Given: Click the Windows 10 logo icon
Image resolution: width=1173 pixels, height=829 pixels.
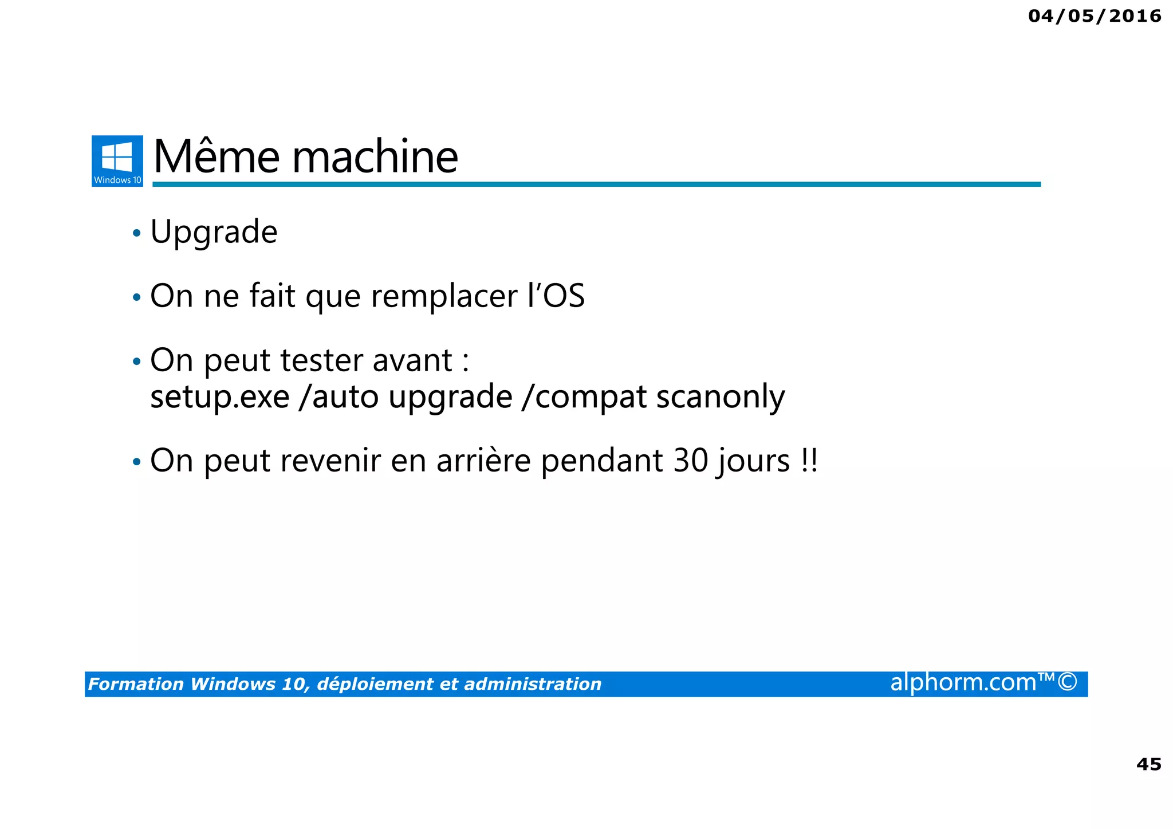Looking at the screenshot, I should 117,160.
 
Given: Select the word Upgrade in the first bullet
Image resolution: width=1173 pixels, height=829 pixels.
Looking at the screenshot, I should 214,233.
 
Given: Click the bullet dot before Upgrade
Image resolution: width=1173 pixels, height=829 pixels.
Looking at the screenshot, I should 136,233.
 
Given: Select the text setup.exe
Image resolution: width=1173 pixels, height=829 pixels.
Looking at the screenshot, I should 220,396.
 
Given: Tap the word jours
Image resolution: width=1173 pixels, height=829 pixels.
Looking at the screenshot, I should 752,462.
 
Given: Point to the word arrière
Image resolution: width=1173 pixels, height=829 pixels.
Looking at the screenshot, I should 483,461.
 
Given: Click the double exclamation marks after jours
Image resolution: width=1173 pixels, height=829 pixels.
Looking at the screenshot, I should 809,461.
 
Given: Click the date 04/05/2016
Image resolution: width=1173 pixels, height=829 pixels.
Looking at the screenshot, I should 1095,16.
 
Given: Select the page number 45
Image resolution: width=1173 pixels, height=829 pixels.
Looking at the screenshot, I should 1148,764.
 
